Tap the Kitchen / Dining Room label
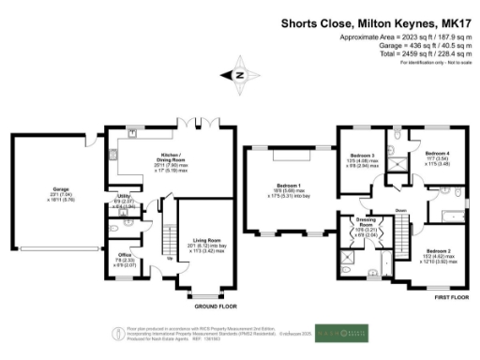[144, 157]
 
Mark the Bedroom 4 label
[436, 153]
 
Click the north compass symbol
[240, 75]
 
